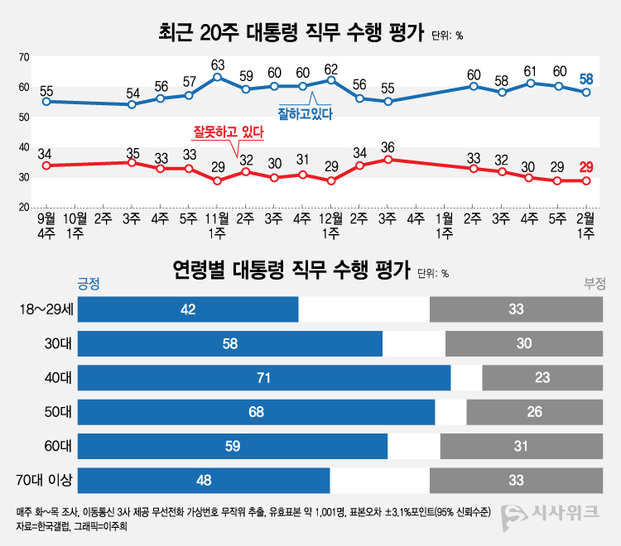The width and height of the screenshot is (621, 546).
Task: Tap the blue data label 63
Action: (218, 64)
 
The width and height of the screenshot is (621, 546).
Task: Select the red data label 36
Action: (388, 147)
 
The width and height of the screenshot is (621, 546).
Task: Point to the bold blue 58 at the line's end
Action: (586, 79)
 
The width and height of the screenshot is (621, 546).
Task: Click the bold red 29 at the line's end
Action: (586, 167)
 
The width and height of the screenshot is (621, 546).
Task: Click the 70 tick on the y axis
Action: (25, 57)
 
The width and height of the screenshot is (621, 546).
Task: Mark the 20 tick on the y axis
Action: (25, 207)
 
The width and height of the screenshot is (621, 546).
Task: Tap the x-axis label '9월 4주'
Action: (47, 226)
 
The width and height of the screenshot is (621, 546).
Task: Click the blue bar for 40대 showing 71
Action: (264, 378)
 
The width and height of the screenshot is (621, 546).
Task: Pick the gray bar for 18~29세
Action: (516, 309)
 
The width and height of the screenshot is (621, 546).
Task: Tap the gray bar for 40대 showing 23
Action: (542, 378)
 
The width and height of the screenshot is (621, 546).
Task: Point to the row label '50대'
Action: (59, 412)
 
